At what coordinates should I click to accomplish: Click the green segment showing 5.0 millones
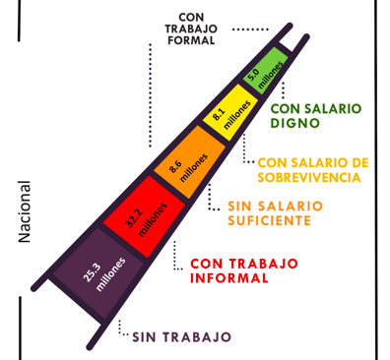point(266,71)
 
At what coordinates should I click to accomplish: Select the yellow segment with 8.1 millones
point(230,112)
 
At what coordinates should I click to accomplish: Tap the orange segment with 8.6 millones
point(190,162)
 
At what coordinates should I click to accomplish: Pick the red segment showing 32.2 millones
point(145,216)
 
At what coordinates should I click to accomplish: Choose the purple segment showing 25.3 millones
point(98,273)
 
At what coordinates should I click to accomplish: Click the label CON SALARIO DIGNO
point(316,116)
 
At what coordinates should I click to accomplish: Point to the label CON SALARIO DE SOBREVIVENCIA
point(313,170)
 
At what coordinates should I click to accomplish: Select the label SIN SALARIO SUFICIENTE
point(275,213)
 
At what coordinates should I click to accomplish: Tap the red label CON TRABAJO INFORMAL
point(244,270)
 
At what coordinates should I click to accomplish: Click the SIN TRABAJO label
point(182,336)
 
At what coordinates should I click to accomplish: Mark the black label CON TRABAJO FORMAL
point(191,29)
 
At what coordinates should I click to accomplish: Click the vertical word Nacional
point(25,211)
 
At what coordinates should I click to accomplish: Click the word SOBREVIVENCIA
point(309,177)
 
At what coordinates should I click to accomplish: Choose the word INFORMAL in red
point(229,278)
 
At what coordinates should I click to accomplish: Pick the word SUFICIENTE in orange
point(269,220)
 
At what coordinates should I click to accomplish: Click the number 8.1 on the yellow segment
point(219,115)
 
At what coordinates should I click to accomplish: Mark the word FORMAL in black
point(191,40)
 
